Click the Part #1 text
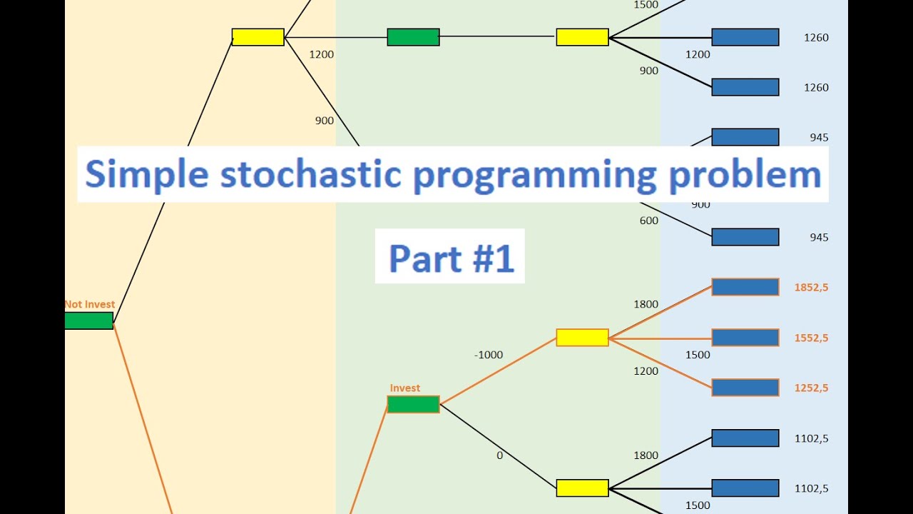(x=451, y=257)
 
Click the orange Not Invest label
(x=90, y=304)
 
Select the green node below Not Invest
(x=89, y=321)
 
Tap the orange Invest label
(x=404, y=388)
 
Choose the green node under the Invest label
(x=413, y=405)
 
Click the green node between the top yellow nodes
(x=413, y=37)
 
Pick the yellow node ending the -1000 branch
(x=582, y=338)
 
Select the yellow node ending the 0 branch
(x=582, y=488)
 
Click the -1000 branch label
(x=488, y=355)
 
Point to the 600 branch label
(x=648, y=221)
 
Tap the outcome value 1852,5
(x=811, y=288)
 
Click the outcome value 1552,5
(x=811, y=338)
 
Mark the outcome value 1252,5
(x=811, y=388)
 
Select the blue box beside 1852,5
(x=745, y=287)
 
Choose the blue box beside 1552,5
(x=745, y=338)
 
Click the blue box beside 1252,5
(x=745, y=388)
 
